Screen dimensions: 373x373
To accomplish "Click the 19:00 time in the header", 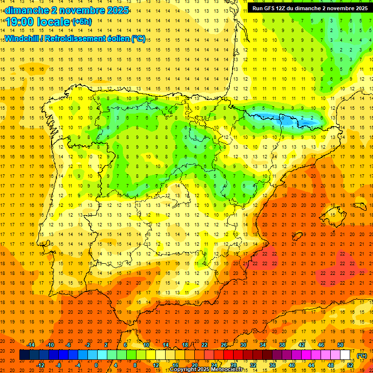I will click(x=19, y=22).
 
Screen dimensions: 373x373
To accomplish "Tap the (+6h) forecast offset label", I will click(x=82, y=22).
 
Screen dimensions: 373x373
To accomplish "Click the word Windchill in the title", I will click(x=22, y=39).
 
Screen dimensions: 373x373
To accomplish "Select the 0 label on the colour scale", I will click(x=96, y=365).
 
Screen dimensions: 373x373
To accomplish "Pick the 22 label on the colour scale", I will click(x=204, y=345).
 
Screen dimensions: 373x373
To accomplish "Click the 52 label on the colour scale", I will click(x=350, y=365).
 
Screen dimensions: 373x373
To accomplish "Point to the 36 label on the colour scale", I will click(x=272, y=365).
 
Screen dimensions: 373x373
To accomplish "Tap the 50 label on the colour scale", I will click(x=340, y=345).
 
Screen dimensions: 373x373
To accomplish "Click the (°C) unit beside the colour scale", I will click(x=362, y=356).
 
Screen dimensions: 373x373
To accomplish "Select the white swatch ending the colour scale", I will click(x=345, y=355).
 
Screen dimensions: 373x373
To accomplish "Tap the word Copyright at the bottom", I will click(x=184, y=370).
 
